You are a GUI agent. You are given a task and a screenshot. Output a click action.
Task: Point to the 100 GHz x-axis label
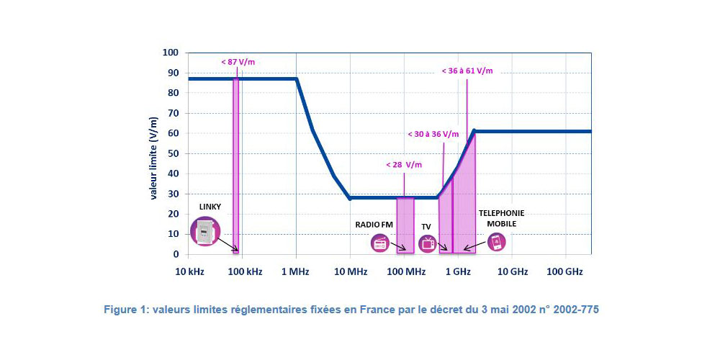(565, 271)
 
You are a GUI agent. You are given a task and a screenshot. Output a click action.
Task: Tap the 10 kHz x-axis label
(188, 271)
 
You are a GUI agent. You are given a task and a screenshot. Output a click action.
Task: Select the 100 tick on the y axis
(170, 53)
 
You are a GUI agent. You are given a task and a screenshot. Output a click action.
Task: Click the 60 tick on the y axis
(172, 133)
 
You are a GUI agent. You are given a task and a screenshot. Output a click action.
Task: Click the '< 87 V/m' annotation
(238, 62)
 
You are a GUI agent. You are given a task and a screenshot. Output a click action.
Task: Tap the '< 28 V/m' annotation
(403, 165)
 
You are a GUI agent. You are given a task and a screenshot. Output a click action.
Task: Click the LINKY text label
(211, 207)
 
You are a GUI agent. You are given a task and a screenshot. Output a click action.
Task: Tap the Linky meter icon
(204, 232)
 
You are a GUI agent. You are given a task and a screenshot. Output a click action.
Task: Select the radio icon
(379, 243)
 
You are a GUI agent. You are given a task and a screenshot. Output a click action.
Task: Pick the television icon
(427, 243)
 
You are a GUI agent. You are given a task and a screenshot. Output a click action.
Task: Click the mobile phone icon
(495, 241)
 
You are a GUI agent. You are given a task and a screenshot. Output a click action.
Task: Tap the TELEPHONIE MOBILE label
(501, 218)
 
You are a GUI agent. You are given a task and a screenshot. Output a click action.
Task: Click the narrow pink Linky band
(235, 166)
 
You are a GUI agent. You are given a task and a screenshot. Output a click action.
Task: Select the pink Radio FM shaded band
(405, 225)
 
